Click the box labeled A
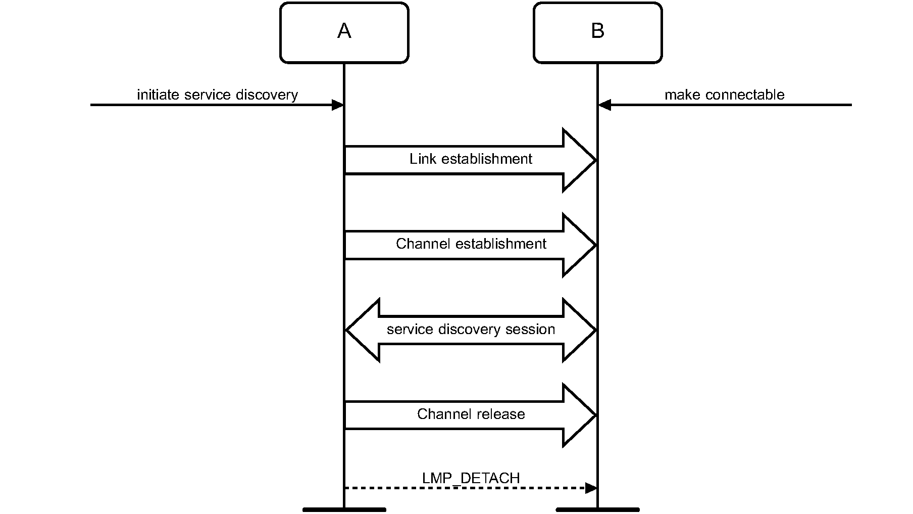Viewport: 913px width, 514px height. pos(344,33)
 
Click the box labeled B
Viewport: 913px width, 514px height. pos(597,33)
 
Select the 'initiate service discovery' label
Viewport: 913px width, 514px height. pos(217,95)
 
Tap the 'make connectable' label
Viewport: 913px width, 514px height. pos(724,95)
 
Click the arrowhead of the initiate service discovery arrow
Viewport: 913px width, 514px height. pos(337,105)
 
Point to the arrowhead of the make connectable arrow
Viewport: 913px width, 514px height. pos(604,105)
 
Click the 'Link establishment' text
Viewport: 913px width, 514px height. pos(471,159)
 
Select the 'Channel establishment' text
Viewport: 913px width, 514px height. pos(471,244)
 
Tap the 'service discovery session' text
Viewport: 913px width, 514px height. pos(471,330)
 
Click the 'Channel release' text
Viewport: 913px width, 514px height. pos(471,414)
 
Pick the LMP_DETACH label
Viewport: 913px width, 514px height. pos(471,478)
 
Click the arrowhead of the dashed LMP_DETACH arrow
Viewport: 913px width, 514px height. pos(591,488)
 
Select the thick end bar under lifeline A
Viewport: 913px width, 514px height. pos(344,509)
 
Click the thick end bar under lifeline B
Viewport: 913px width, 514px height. pos(597,509)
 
